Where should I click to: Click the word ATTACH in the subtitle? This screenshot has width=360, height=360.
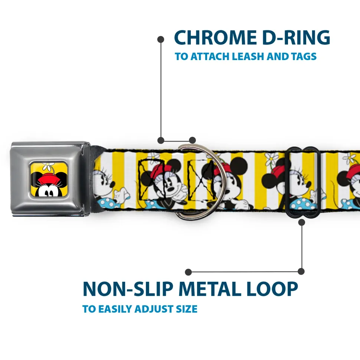[x=210, y=57]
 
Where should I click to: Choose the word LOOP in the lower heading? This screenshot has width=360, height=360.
[x=274, y=289]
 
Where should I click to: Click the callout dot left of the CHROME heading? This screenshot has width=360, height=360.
[x=161, y=39]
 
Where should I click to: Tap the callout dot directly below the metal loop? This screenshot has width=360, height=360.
[x=301, y=222]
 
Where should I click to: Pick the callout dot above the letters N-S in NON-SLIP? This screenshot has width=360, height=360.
[x=189, y=272]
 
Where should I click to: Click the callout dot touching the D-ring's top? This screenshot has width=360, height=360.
[x=192, y=140]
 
